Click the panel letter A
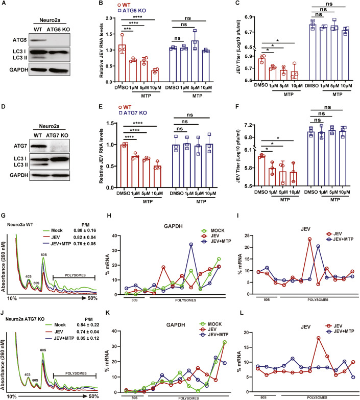[4, 5]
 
